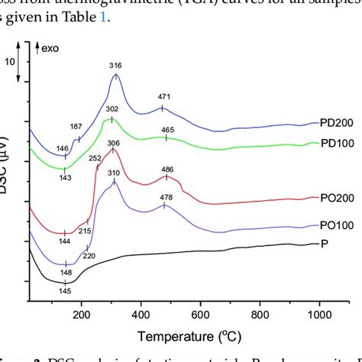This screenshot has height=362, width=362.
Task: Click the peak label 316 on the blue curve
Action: (x=116, y=65)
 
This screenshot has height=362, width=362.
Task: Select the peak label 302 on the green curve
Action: (x=112, y=109)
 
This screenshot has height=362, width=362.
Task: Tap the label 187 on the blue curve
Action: (x=76, y=126)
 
